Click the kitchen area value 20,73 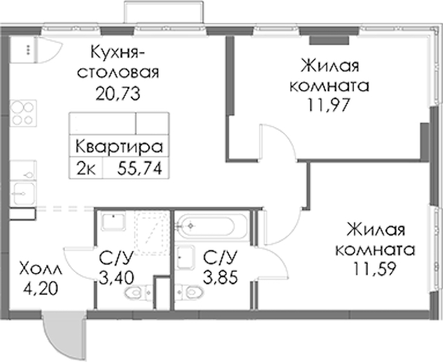click(118, 94)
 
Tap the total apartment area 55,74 click(139, 169)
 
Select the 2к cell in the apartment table click(86, 170)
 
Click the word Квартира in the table click(120, 147)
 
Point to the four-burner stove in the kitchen click(23, 113)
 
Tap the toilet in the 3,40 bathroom click(138, 293)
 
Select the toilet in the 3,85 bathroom click(189, 292)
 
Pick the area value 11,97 click(329, 105)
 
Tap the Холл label click(40, 269)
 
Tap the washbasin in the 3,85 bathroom click(185, 257)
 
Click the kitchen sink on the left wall click(24, 193)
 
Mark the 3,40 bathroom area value click(116, 278)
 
